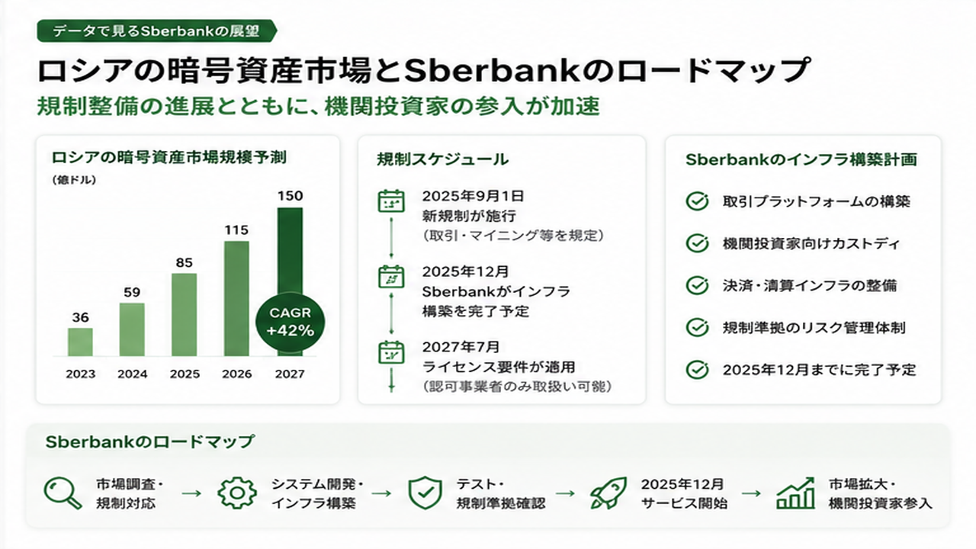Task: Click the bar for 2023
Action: pos(80,342)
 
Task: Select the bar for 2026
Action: pos(236,298)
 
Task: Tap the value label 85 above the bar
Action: pos(185,263)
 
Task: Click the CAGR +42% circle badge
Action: pos(291,322)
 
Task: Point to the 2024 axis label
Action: pos(133,374)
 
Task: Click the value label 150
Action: pos(291,196)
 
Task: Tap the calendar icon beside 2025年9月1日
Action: pos(391,201)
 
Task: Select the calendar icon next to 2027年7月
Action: pos(391,352)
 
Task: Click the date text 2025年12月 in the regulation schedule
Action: pos(465,271)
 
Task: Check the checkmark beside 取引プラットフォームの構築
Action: pos(697,201)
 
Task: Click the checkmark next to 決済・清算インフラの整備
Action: pos(697,285)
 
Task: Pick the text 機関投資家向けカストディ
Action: pos(811,243)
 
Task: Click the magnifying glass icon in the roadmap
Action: pos(63,493)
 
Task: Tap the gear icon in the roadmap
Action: pos(237,493)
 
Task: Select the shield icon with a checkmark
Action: pos(425,493)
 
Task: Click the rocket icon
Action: pos(608,493)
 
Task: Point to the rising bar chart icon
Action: pos(795,493)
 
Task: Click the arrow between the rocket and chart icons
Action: pos(751,493)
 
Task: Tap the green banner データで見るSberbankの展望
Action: pos(157,31)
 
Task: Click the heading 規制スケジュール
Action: pos(443,159)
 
